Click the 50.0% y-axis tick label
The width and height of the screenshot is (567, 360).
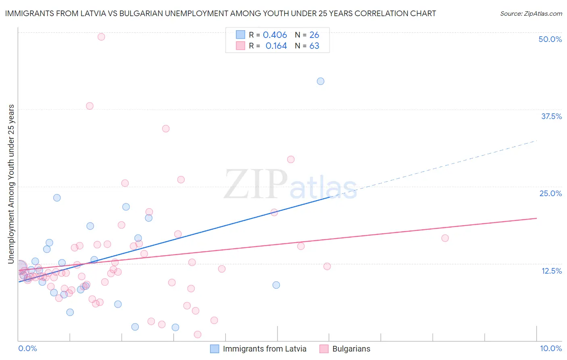(x=550, y=39)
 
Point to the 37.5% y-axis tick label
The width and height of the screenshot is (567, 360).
(x=551, y=116)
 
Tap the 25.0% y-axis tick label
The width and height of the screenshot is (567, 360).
(x=550, y=193)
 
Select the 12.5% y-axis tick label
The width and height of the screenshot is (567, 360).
(x=551, y=271)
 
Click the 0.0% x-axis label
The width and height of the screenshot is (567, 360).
(x=27, y=348)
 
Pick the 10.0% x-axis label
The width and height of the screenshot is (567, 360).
(x=550, y=348)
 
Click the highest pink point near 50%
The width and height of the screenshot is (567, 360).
(x=101, y=37)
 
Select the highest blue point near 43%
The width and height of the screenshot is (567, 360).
(x=321, y=81)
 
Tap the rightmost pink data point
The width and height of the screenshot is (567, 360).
(x=445, y=238)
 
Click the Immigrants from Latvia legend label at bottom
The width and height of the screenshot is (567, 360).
(x=265, y=349)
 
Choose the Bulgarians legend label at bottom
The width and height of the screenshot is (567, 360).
(x=351, y=349)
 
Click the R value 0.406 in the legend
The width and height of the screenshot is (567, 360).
(x=275, y=35)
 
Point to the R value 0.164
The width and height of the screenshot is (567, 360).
(x=276, y=46)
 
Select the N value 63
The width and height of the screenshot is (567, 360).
(x=314, y=46)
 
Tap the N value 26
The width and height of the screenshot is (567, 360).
(x=314, y=35)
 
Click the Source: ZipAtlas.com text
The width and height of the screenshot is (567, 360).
(x=531, y=13)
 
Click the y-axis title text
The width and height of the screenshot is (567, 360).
(x=11, y=184)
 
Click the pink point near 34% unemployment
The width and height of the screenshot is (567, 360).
(x=166, y=129)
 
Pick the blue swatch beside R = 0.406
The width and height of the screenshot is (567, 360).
(x=241, y=35)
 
